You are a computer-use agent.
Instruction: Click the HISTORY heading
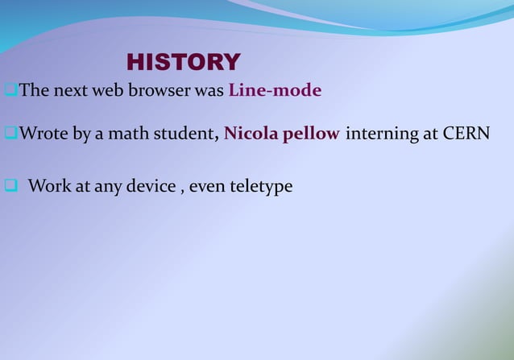click(183, 62)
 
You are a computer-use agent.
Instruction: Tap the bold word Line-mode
click(275, 90)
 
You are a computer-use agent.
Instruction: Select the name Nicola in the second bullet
click(249, 134)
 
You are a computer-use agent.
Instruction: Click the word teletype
click(261, 187)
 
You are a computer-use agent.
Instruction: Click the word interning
click(382, 134)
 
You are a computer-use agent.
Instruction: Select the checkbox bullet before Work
click(10, 187)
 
